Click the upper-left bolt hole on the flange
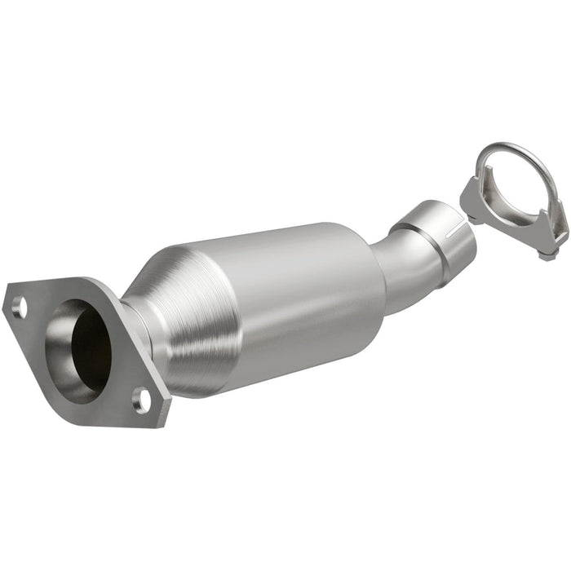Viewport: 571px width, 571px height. click(x=18, y=308)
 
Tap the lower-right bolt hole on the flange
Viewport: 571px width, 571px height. click(x=143, y=399)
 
